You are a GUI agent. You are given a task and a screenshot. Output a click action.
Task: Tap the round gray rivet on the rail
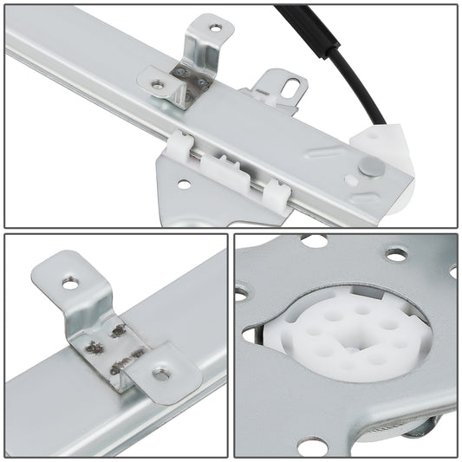(x=370, y=166)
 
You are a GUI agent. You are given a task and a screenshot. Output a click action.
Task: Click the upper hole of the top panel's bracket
(x=216, y=29)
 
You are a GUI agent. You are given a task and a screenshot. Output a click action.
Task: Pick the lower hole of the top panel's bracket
(x=157, y=85)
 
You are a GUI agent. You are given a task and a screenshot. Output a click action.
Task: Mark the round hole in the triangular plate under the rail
(x=183, y=184)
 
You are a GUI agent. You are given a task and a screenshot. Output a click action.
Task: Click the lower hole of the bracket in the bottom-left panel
(x=162, y=374)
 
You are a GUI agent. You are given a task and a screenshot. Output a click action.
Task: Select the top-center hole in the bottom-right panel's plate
(x=395, y=254)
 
